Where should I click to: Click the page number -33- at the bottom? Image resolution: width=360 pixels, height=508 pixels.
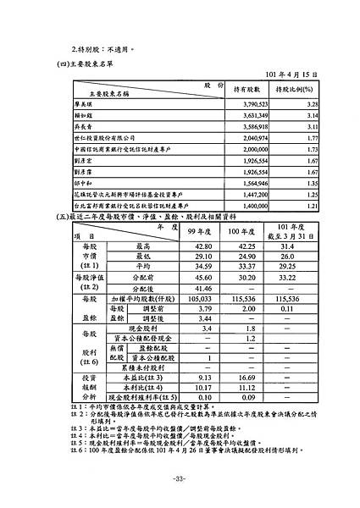179,479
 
